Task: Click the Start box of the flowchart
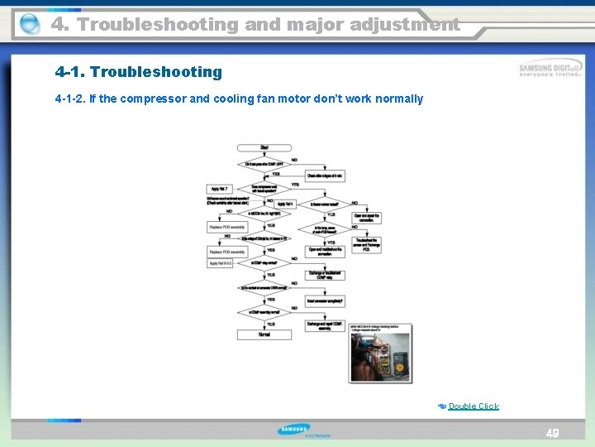point(264,147)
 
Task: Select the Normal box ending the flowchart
point(264,334)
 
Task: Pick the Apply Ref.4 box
point(285,204)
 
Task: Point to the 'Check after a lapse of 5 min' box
point(326,175)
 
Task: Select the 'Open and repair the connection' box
point(367,218)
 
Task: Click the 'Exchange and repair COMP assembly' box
point(326,326)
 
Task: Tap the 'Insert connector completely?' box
point(326,300)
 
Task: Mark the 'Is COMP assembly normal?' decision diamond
point(264,312)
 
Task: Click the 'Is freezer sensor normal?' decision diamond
point(326,204)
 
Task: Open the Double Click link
point(473,406)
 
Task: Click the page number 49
point(553,434)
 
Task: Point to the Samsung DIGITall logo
point(549,70)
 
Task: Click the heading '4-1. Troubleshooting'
point(139,72)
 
